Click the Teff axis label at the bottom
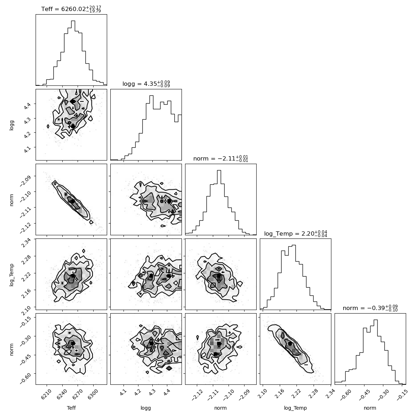[x=71, y=408]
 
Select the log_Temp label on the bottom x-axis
[x=295, y=408]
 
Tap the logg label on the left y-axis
[x=11, y=125]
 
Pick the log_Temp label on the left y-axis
[x=11, y=275]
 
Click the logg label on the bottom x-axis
[x=146, y=408]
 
